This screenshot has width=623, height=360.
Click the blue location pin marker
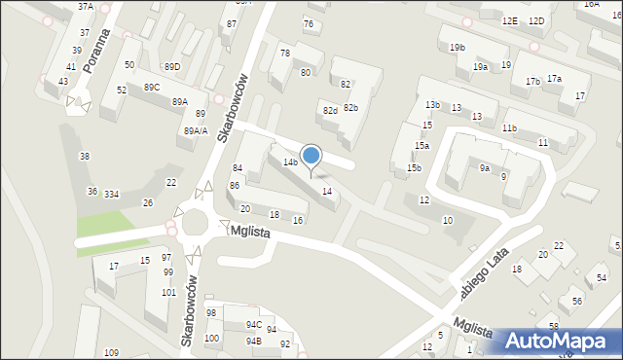click(311, 156)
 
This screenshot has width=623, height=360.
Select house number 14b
click(290, 162)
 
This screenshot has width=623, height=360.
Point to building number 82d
click(330, 111)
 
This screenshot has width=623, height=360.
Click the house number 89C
click(152, 88)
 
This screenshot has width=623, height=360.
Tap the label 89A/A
click(196, 130)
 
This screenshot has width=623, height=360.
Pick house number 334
click(112, 195)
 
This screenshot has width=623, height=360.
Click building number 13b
click(432, 104)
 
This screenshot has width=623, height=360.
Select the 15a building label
click(421, 145)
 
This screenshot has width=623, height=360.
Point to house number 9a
click(484, 168)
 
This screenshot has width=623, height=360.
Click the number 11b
click(509, 128)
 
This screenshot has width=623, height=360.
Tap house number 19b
click(458, 48)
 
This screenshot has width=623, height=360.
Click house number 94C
click(253, 324)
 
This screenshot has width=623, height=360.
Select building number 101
click(168, 292)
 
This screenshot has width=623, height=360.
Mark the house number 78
click(285, 54)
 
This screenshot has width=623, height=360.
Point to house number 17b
click(532, 82)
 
